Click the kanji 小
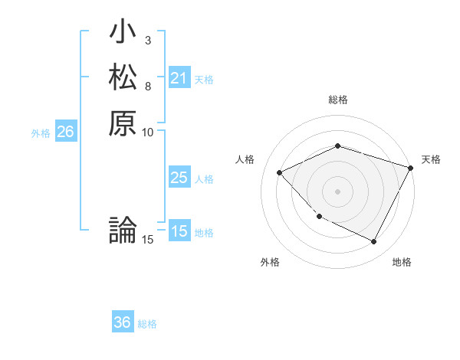(x=123, y=34)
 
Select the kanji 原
(x=123, y=123)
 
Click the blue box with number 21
(x=179, y=77)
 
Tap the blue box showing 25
(x=179, y=178)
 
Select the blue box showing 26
(x=65, y=132)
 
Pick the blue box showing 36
(x=123, y=322)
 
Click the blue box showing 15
(x=179, y=231)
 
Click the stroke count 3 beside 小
(x=147, y=40)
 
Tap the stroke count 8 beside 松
(x=147, y=85)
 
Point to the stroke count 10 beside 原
(x=148, y=132)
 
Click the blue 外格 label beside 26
(x=41, y=133)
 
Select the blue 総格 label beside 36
(x=147, y=324)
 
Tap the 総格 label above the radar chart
(x=337, y=100)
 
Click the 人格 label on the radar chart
(x=245, y=159)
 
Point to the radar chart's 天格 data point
(x=411, y=168)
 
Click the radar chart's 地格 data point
(x=373, y=242)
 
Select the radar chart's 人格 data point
(x=280, y=173)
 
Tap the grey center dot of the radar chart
(x=337, y=191)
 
